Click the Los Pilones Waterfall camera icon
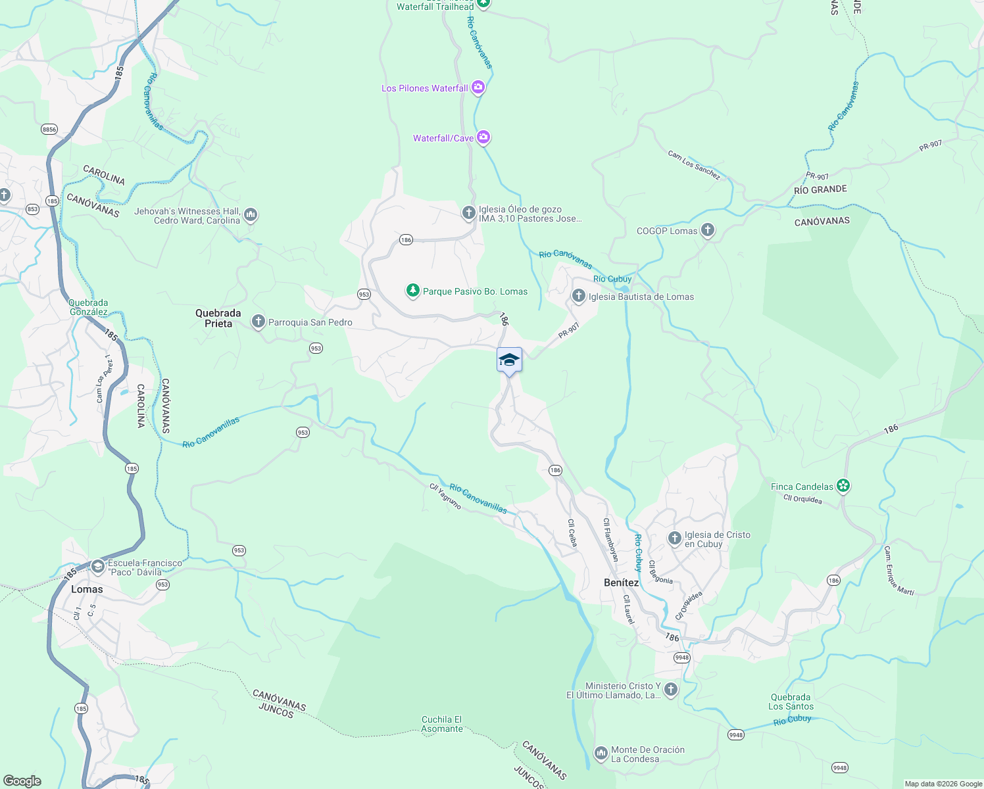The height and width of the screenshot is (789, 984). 478,87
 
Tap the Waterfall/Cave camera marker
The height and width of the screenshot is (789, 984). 483,137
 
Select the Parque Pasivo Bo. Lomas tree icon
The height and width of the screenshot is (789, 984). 412,291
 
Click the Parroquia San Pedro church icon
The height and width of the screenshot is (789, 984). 258,322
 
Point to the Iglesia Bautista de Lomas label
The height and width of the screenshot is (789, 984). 641,297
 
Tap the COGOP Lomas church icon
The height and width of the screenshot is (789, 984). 708,230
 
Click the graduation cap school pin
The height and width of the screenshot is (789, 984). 509,360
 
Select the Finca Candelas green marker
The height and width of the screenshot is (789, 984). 843,487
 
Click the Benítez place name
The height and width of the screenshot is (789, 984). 621,583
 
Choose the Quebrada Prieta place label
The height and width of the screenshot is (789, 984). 218,318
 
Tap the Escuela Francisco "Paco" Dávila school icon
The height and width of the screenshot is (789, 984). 98,567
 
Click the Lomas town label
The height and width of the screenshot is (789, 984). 87,589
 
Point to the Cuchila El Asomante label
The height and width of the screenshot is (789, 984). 442,724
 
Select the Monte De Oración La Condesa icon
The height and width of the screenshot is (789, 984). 601,753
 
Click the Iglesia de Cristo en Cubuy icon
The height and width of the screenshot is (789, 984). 674,539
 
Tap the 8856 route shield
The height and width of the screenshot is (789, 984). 49,130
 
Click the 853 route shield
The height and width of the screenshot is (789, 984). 32,209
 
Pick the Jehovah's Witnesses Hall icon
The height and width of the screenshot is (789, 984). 250,215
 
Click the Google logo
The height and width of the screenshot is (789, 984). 22,781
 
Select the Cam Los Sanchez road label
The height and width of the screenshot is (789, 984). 694,165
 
